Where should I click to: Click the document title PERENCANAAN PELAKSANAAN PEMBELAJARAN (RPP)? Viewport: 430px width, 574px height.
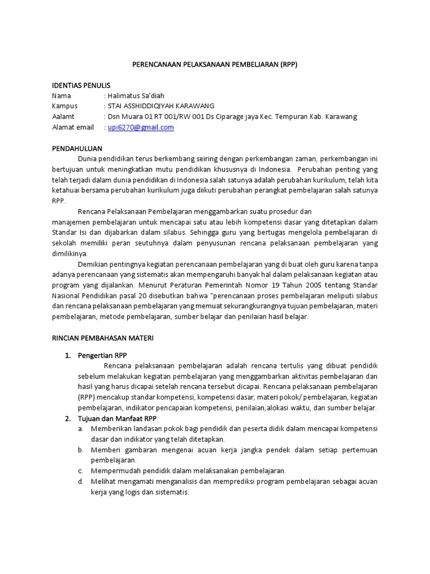[x=214, y=64]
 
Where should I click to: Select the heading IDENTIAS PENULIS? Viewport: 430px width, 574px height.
[x=81, y=85]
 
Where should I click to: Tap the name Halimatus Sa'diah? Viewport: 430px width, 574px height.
[x=136, y=96]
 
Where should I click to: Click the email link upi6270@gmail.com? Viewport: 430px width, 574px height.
[x=141, y=127]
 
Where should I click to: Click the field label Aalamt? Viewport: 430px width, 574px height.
[x=63, y=117]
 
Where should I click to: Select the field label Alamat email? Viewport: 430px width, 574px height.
[x=73, y=127]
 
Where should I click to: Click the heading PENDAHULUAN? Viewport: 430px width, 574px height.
[x=77, y=149]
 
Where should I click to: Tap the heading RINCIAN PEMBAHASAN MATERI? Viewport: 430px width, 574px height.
[x=102, y=338]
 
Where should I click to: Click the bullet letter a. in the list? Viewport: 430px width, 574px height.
[x=81, y=429]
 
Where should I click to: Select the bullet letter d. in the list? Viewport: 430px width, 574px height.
[x=81, y=482]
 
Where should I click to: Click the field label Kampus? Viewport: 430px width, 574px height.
[x=65, y=106]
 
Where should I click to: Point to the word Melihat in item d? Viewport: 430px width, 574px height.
[x=104, y=482]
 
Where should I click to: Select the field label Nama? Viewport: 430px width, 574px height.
[x=62, y=96]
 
